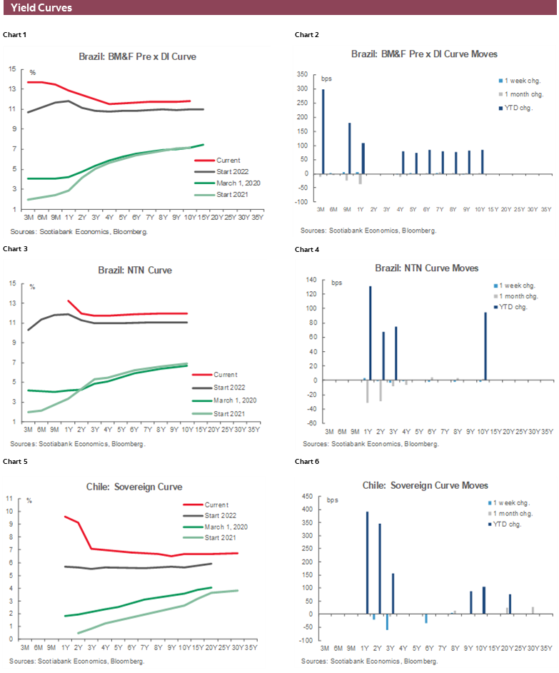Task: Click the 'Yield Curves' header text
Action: (x=41, y=8)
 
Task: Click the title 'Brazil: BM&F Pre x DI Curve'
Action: (x=137, y=56)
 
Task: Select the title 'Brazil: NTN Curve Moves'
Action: (x=426, y=268)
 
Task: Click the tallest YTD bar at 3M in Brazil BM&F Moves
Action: (x=323, y=131)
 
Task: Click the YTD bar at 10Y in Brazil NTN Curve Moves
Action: (x=485, y=345)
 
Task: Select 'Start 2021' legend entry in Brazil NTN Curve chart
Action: (x=229, y=413)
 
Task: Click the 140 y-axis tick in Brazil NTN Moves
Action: (x=311, y=280)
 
